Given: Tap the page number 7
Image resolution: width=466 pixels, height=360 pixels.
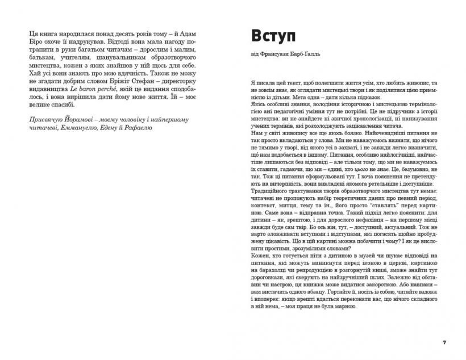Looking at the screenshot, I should pos(444,343).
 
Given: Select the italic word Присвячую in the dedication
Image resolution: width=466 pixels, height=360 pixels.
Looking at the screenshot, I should pos(49,118).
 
